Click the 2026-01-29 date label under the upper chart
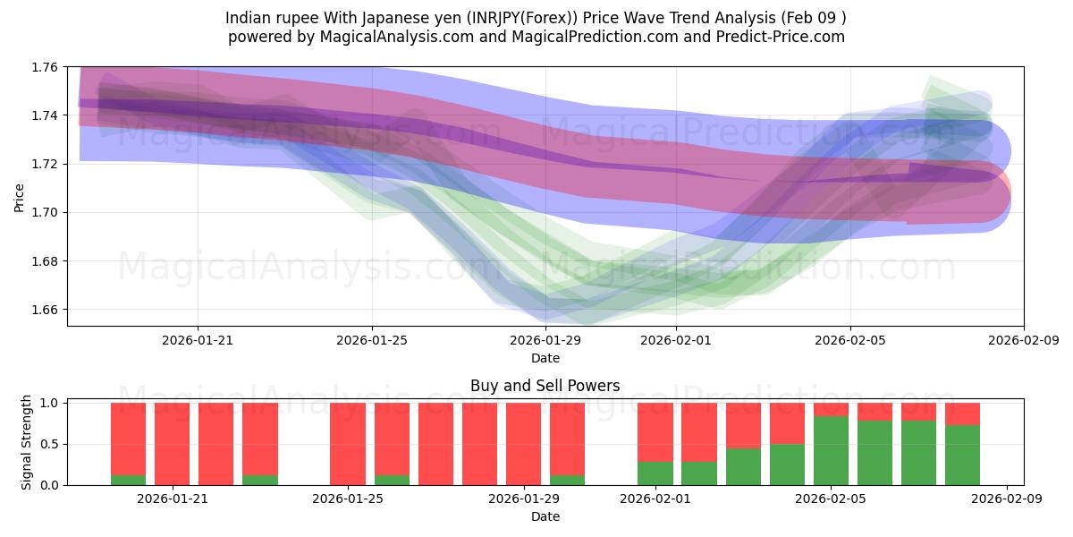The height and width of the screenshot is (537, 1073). [545, 340]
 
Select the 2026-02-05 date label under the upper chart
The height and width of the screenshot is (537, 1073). [849, 340]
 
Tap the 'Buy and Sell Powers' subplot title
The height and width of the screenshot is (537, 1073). [545, 387]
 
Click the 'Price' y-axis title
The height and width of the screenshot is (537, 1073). [19, 196]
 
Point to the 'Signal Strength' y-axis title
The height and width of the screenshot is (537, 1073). [27, 442]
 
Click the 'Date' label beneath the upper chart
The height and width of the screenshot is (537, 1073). [545, 358]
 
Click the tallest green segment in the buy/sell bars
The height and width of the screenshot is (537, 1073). [831, 450]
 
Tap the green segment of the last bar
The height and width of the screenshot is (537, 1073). [962, 455]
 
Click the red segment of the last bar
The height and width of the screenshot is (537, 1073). [962, 413]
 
